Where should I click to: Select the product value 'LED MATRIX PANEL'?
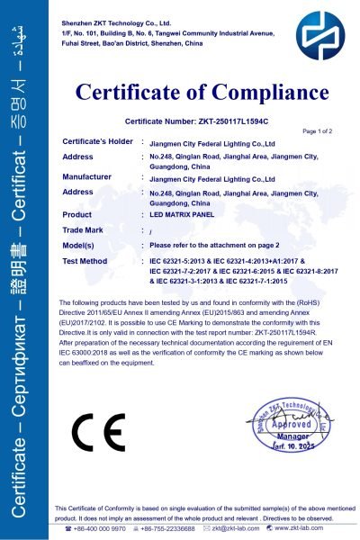184,215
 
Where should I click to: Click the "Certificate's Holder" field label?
98,142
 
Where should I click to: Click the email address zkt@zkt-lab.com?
242,529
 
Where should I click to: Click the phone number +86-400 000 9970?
98,529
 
